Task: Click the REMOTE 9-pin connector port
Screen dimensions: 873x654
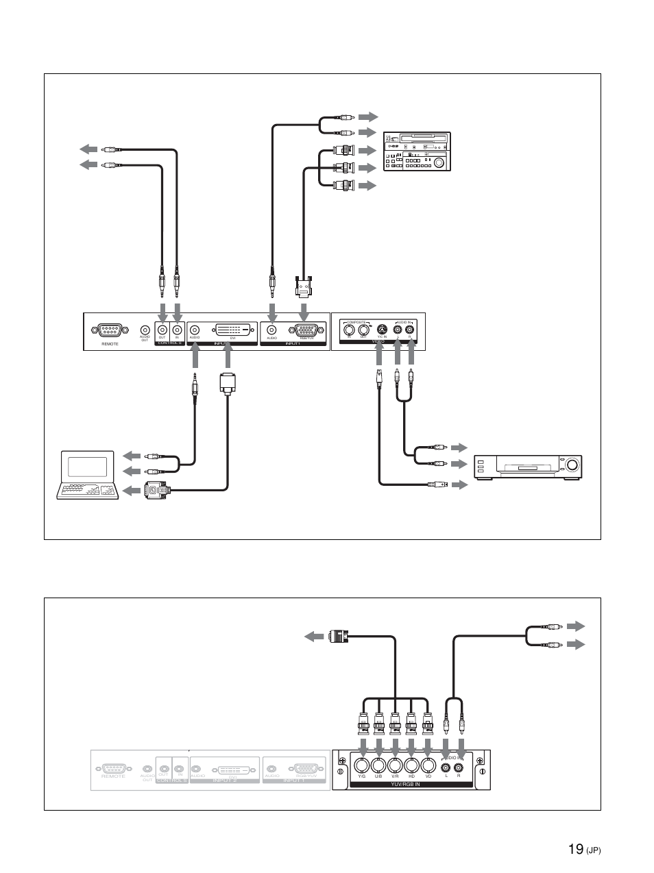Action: click(x=110, y=330)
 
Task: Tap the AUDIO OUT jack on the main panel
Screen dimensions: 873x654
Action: click(x=145, y=329)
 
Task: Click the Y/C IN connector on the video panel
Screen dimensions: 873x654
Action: click(x=381, y=329)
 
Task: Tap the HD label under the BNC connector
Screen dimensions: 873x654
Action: click(x=411, y=776)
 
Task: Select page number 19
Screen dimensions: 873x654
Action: click(x=576, y=850)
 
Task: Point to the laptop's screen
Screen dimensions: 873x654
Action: click(x=88, y=465)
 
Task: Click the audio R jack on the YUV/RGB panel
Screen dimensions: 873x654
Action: click(x=459, y=765)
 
